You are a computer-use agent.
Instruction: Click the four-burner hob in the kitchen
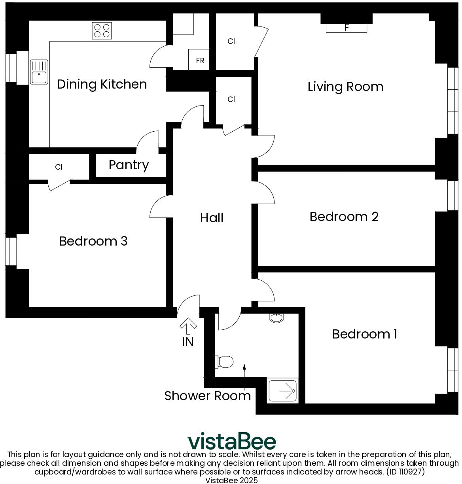tap(102, 30)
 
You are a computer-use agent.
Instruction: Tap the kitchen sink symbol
tap(39, 72)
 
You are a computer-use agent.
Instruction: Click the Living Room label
tap(345, 87)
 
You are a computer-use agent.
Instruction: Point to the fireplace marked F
tap(346, 28)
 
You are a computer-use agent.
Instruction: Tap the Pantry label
tap(129, 165)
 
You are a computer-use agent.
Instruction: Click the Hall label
tap(212, 218)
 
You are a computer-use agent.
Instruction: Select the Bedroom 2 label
tap(344, 217)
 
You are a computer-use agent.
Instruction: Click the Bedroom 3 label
tap(93, 241)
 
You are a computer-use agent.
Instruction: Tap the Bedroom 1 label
tap(364, 334)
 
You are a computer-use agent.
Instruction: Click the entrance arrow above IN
tap(188, 326)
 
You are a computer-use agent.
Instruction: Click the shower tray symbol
tap(283, 391)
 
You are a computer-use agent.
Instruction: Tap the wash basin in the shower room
tap(276, 318)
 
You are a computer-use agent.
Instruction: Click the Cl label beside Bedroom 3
tap(59, 167)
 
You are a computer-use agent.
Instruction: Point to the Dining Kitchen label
tap(102, 84)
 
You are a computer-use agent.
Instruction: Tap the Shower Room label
tap(207, 396)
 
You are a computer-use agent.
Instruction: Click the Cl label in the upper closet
tap(231, 41)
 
